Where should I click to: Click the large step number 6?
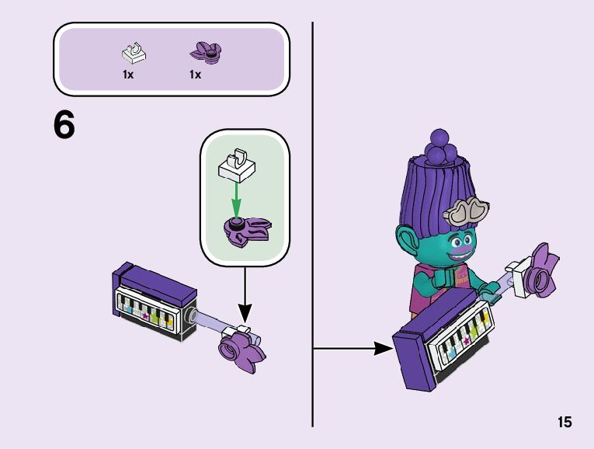pyautogui.click(x=64, y=125)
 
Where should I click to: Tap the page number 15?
pyautogui.click(x=564, y=422)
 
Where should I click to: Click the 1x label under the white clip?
pyautogui.click(x=128, y=75)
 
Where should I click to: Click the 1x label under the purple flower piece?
pyautogui.click(x=195, y=75)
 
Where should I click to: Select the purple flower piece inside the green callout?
pyautogui.click(x=248, y=228)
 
